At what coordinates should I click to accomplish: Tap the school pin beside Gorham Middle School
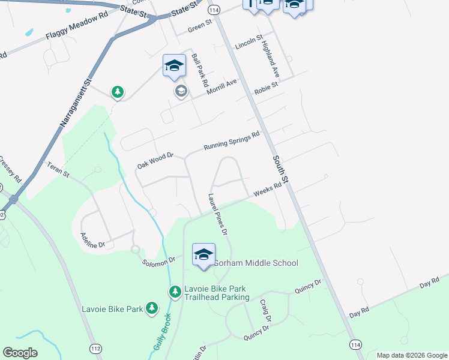(203, 254)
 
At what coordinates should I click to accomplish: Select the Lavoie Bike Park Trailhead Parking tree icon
(175, 292)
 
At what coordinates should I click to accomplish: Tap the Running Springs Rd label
(231, 141)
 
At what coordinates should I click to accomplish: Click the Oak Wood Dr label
(155, 160)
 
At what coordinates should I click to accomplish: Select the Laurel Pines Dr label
(218, 214)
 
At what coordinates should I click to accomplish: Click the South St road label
(282, 170)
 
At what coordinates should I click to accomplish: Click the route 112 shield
(95, 348)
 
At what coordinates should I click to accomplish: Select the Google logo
(20, 353)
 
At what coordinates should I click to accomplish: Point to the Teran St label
(59, 170)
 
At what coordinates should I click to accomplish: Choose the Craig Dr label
(266, 311)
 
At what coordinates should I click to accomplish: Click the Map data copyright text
(412, 355)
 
